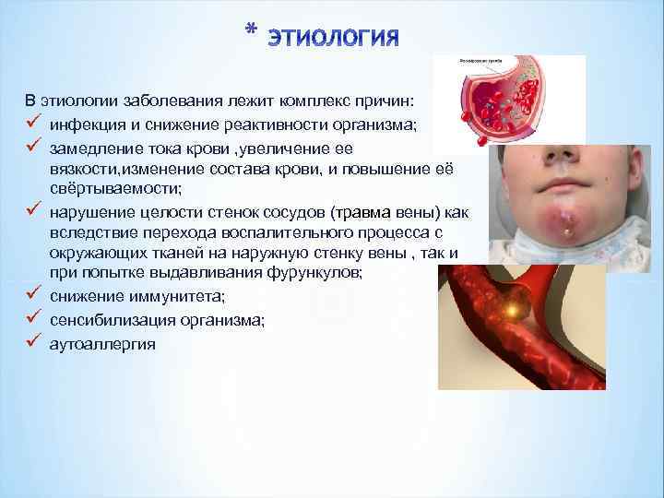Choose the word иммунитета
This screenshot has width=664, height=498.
click(160, 295)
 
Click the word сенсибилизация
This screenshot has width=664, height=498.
click(108, 320)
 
